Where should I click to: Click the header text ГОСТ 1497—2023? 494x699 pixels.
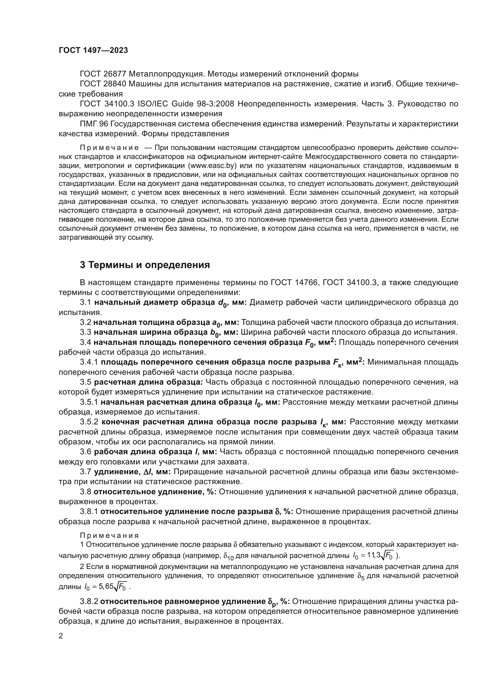(93, 51)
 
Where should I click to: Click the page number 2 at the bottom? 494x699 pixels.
(61, 636)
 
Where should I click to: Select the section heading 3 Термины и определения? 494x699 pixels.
(145, 265)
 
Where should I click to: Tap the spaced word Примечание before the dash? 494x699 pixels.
(109, 148)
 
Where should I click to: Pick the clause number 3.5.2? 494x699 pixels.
(89, 422)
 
